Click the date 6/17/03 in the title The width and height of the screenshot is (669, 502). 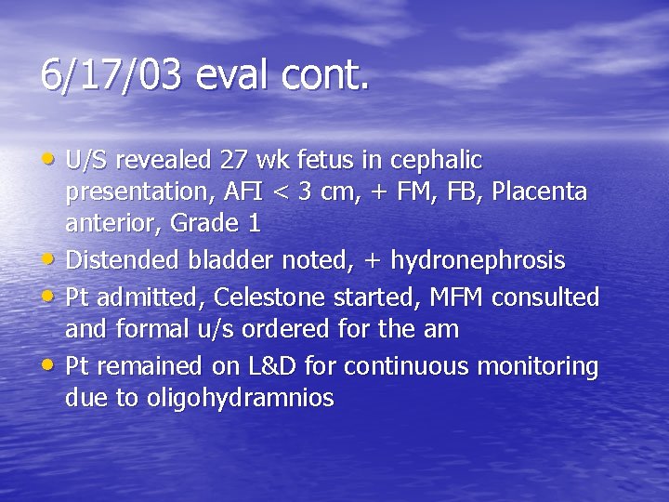coord(111,74)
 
